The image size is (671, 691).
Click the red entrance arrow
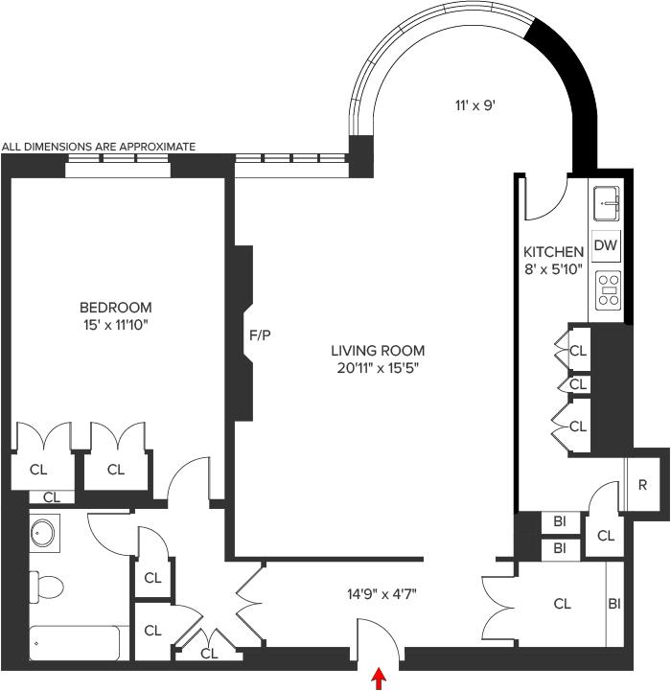coord(379,679)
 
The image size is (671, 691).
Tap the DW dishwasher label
coord(606,245)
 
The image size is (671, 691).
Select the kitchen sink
coord(606,203)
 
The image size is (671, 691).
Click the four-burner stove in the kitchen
coord(608,290)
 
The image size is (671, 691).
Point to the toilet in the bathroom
coord(46,587)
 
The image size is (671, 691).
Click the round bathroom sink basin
coord(43,533)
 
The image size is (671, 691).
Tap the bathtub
coord(74,643)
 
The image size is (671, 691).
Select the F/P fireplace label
coord(260,335)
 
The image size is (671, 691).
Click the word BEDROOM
coord(115,307)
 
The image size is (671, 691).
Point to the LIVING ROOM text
coord(378,351)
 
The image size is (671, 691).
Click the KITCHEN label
coord(553,252)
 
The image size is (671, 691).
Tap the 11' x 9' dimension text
coord(476,105)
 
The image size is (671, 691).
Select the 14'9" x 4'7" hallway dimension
coord(382,594)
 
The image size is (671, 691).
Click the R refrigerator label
coord(642,485)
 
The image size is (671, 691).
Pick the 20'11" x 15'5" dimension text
coord(378,368)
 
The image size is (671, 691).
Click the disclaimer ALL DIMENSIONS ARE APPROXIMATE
coord(99,147)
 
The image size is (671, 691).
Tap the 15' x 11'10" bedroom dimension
coord(115,325)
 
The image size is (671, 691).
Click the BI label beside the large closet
coord(614,604)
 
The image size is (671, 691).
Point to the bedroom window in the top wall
coord(118,166)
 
